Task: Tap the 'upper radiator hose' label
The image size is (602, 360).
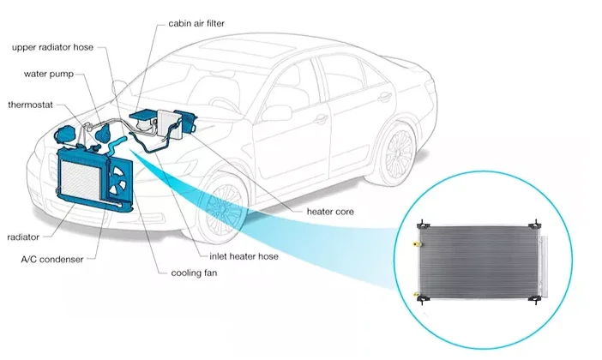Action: [x=52, y=48]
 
